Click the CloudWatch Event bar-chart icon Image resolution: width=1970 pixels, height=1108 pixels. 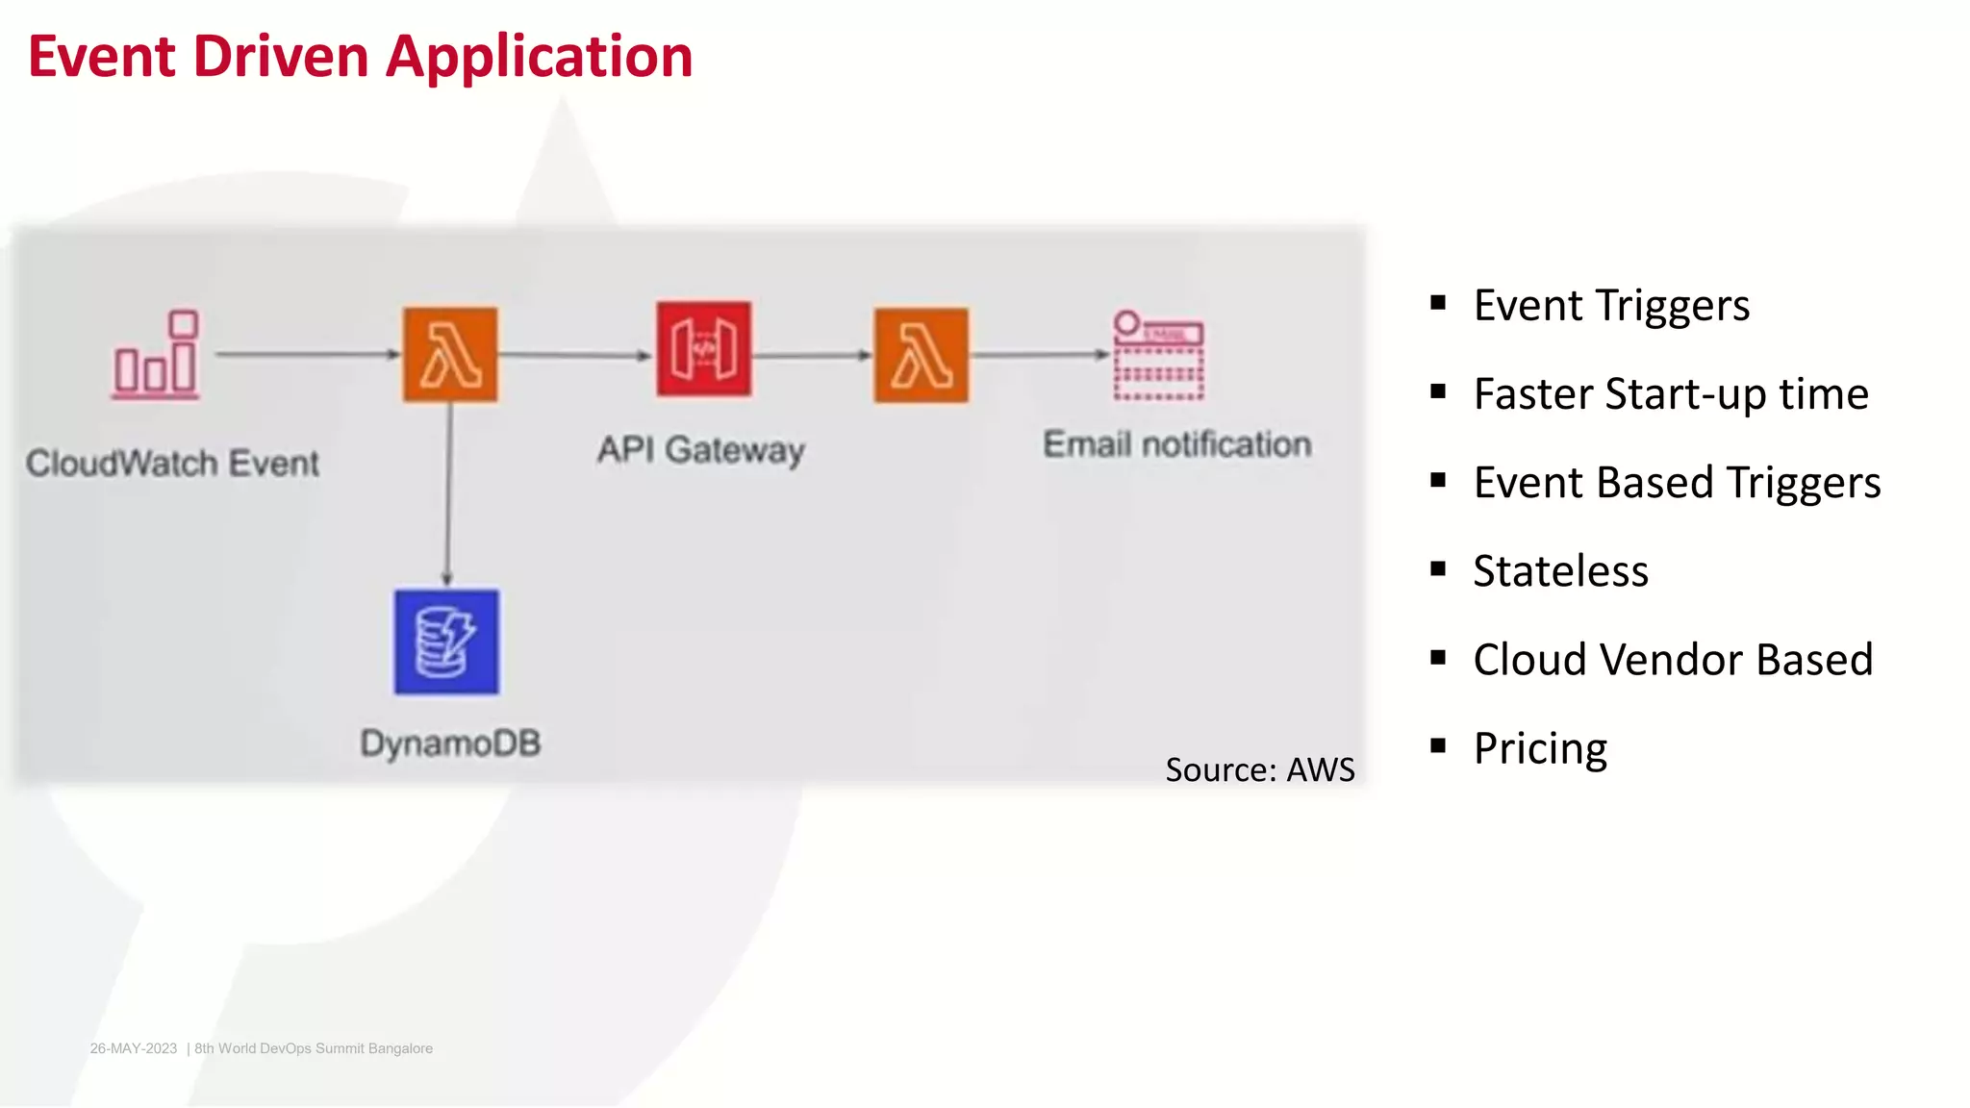pos(156,355)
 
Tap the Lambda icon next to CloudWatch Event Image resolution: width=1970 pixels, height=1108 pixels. pos(450,354)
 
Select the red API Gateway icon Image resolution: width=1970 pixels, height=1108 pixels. pos(704,348)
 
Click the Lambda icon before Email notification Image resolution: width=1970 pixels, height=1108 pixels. pos(922,355)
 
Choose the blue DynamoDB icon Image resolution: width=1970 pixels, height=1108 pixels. pos(446,642)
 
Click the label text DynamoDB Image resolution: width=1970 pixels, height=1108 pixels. pos(450,743)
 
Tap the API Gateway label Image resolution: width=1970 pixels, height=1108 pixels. pos(700,449)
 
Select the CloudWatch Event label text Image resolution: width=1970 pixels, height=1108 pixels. pos(172,464)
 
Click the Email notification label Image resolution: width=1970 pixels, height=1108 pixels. pos(1177,444)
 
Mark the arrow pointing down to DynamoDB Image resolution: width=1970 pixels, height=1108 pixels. pos(447,495)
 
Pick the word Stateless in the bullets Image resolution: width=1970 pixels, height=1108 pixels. pos(1560,571)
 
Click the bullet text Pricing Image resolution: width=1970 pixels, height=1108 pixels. pos(1540,748)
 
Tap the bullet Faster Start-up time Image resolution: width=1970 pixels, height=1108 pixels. pos(1671,394)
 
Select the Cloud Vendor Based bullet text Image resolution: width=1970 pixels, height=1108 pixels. pos(1673,660)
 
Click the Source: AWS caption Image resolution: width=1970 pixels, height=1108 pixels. pos(1259,769)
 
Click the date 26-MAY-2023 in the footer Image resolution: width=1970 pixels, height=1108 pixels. pos(134,1048)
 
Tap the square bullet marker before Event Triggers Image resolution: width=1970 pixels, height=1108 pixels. pos(1438,304)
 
